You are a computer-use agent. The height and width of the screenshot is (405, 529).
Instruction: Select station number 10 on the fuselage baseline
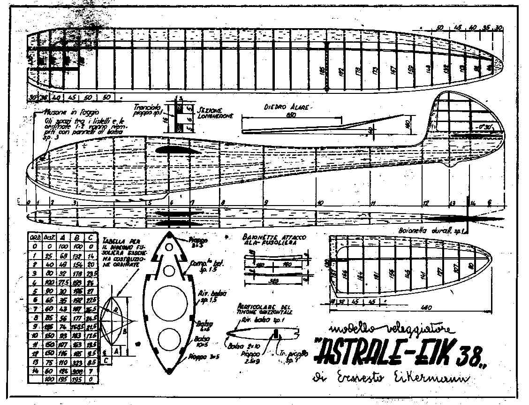click(320, 203)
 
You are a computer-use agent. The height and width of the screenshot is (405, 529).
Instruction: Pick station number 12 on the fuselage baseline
click(425, 203)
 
